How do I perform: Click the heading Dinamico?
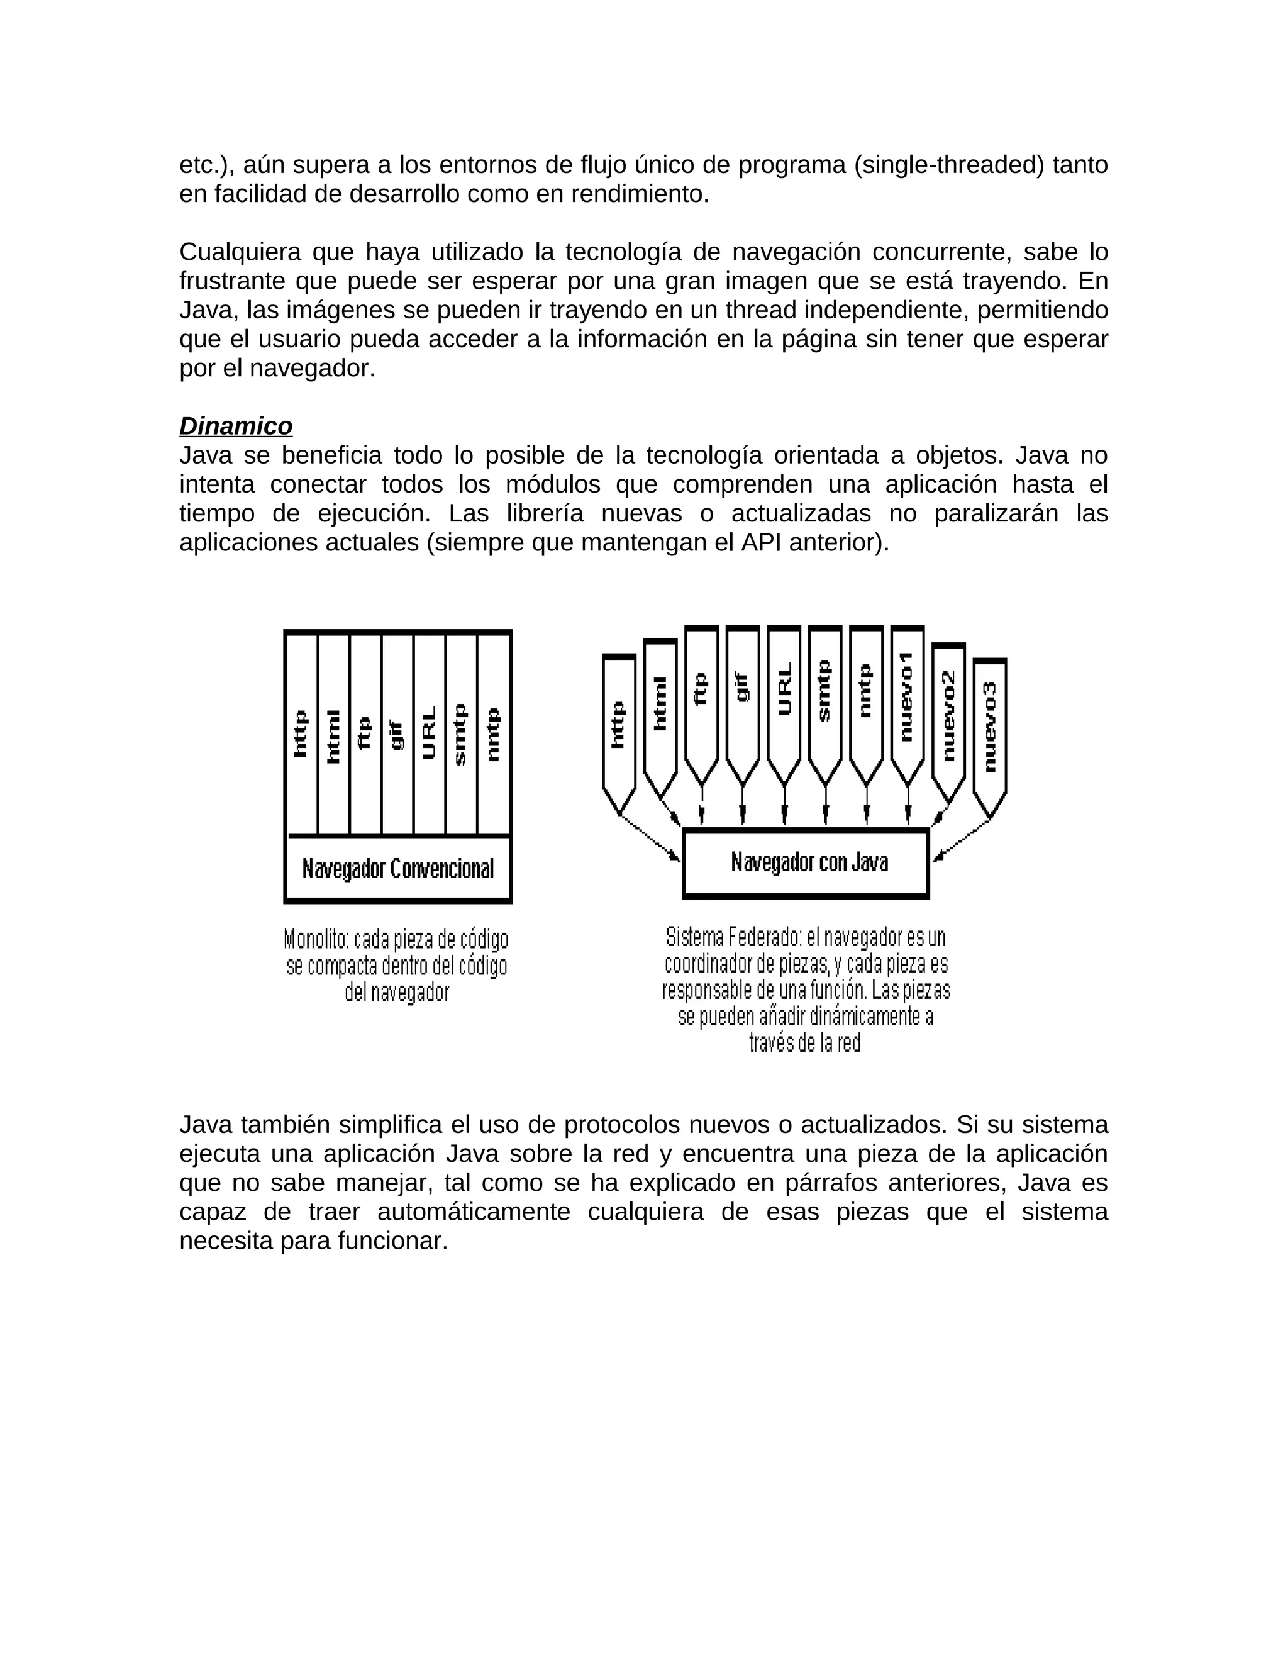(236, 425)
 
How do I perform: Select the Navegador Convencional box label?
(397, 869)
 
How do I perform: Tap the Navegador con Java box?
(806, 862)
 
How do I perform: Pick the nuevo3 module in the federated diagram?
(990, 729)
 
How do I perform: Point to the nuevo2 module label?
(948, 715)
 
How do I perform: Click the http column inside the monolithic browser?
(301, 733)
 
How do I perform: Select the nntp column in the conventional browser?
(494, 733)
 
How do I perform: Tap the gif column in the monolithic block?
(397, 733)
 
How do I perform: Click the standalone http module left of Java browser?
(619, 725)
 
